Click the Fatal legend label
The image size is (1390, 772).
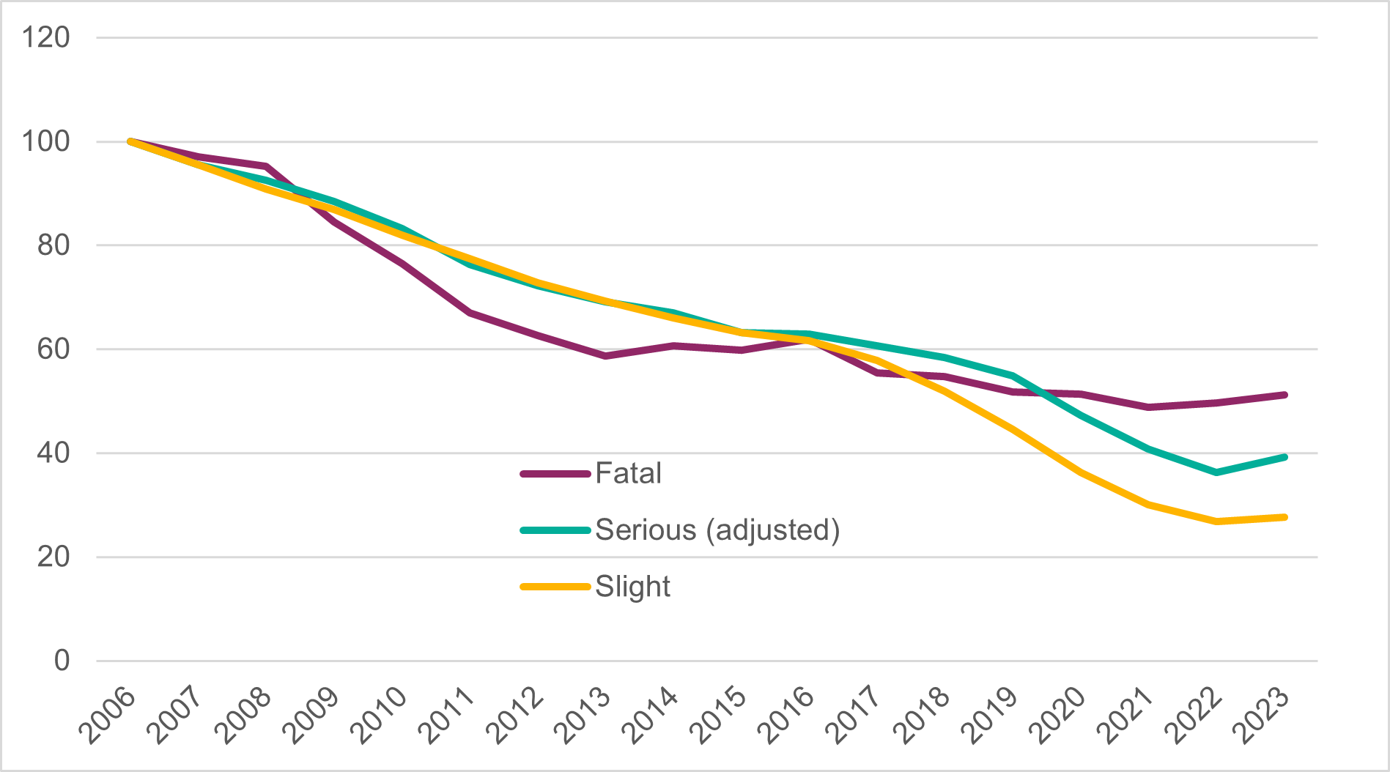(628, 473)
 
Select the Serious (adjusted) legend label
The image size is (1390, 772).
(717, 530)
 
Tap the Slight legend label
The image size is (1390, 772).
(632, 587)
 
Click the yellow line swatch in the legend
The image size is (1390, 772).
(555, 587)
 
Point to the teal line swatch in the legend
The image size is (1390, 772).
(555, 530)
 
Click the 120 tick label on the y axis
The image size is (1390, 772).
(45, 37)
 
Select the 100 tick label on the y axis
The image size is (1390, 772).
(45, 141)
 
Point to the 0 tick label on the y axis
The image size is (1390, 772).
(62, 661)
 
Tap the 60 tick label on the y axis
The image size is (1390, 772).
(53, 349)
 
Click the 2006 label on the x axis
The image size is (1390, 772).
(108, 716)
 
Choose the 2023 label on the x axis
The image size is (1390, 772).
(1262, 716)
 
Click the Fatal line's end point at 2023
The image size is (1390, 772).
(1284, 395)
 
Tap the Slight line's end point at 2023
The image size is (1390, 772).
(1284, 517)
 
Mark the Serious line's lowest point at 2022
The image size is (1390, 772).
(1216, 472)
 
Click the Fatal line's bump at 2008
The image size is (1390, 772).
(266, 166)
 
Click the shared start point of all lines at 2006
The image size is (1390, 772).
(130, 141)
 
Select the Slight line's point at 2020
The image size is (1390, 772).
(1081, 473)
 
